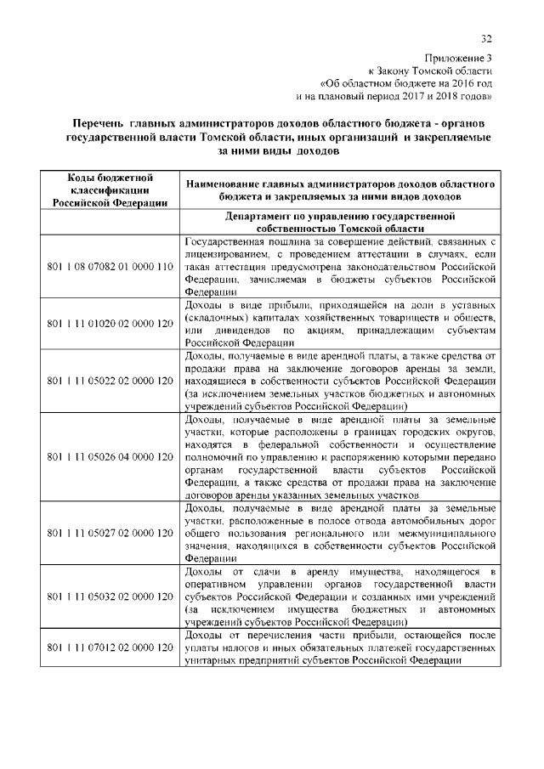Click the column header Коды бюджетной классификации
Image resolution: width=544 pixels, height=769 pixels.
tap(104, 190)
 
